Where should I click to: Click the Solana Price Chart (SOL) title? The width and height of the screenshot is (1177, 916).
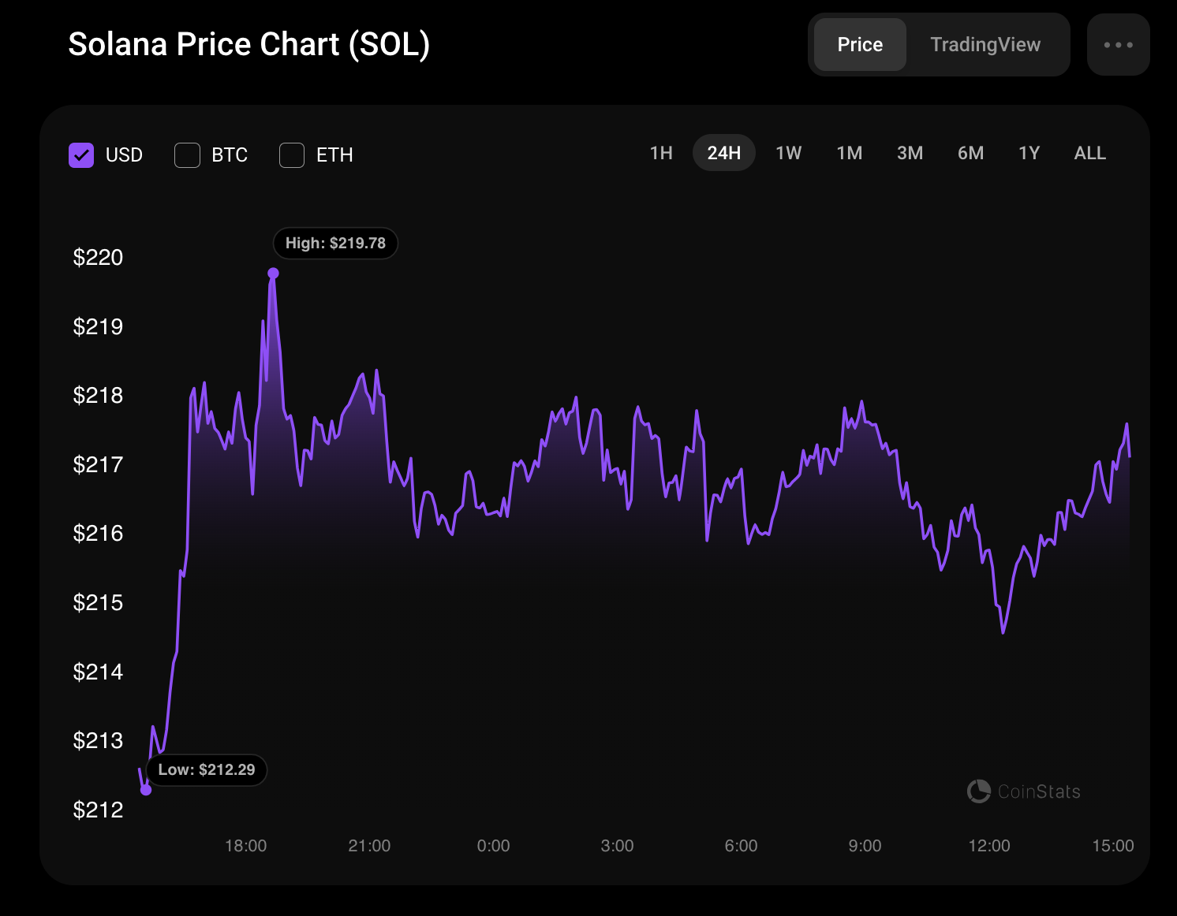tap(248, 44)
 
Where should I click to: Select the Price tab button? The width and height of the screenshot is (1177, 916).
tap(860, 44)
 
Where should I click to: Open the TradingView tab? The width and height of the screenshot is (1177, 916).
tap(985, 44)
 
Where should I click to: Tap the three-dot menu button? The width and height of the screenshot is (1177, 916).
tap(1118, 44)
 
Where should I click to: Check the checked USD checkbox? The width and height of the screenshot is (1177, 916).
tap(81, 155)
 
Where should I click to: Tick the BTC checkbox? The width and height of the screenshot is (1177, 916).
tap(188, 155)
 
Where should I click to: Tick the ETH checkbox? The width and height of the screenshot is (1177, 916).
tap(291, 155)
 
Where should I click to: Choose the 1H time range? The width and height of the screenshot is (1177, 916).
tap(661, 153)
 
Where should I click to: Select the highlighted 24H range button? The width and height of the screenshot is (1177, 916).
tap(723, 153)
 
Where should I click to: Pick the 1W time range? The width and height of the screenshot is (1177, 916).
tap(788, 153)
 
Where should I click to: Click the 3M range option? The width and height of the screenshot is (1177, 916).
tap(910, 153)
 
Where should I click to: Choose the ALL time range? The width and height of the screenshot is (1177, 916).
tap(1089, 153)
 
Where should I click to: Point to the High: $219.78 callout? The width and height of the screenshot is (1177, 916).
tap(335, 243)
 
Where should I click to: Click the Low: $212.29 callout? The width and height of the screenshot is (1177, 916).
tap(207, 769)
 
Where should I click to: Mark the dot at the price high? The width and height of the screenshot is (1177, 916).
tap(273, 274)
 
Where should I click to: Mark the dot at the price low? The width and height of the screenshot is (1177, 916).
tap(146, 790)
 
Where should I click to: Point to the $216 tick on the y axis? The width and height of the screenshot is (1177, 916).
tap(98, 534)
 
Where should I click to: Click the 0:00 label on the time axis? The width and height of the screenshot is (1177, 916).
tap(493, 845)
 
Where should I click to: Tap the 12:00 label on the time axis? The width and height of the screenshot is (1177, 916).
tap(989, 845)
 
